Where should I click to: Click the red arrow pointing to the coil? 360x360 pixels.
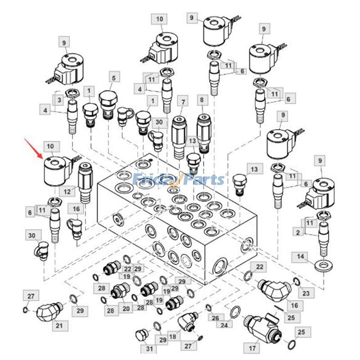click(34, 148)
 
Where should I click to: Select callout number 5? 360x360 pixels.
click(113, 78)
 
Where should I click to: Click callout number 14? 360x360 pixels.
click(300, 257)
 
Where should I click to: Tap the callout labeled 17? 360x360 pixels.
click(252, 348)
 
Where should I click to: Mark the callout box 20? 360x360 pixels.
click(126, 308)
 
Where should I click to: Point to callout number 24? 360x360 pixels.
click(224, 323)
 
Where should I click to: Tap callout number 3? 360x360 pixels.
click(58, 99)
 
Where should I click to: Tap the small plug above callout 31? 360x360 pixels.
click(141, 335)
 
